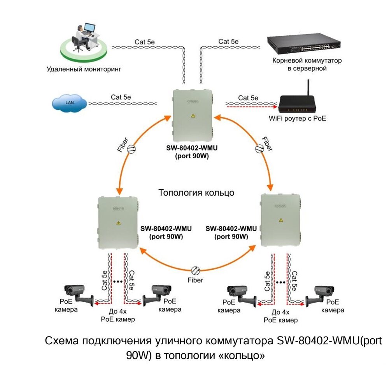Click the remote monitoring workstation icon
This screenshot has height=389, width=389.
point(82,41)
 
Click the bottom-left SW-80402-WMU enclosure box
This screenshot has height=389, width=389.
point(118,223)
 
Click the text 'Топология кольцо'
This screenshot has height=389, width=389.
point(196,192)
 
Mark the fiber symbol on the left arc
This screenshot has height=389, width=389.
point(131,148)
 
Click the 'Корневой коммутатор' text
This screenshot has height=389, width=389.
point(307,61)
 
